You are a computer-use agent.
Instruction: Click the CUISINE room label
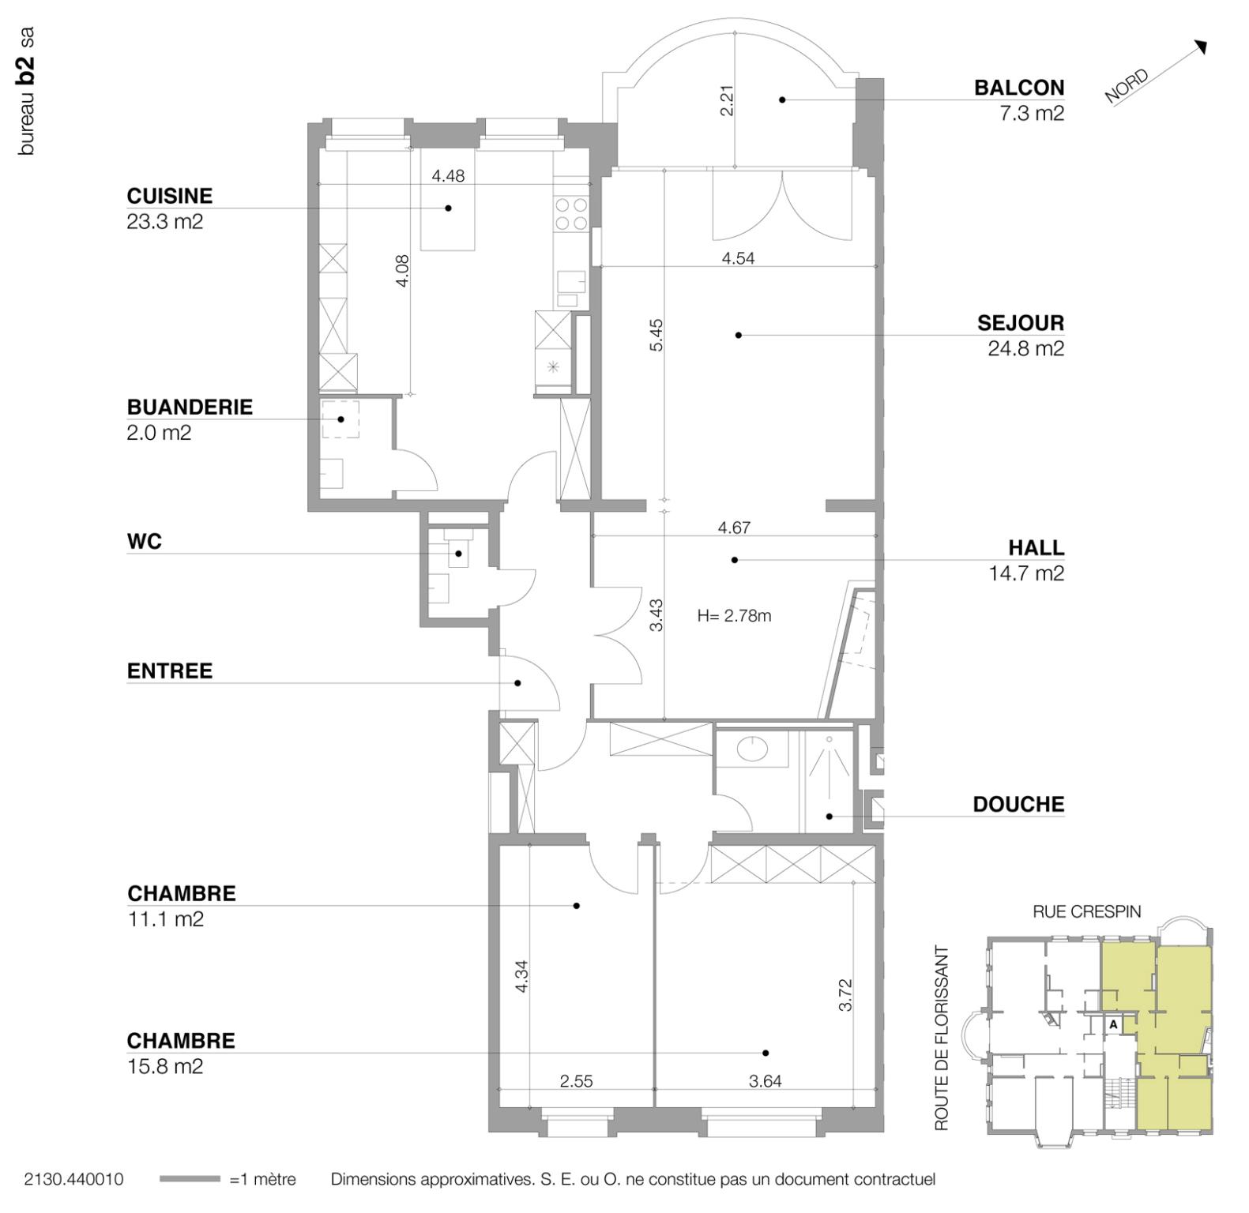coord(169,196)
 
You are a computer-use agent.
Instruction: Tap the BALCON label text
coord(1018,88)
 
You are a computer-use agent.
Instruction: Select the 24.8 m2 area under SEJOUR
coord(1025,348)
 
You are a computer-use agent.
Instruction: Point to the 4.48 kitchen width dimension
coord(448,176)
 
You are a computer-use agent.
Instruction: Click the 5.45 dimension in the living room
coord(656,335)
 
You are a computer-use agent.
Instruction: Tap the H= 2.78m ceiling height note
coord(734,616)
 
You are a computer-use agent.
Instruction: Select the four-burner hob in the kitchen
coord(571,214)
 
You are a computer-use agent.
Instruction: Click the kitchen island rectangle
coord(447,221)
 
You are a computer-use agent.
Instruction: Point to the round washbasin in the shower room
coord(756,746)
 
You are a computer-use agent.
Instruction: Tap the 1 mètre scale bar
coord(190,1179)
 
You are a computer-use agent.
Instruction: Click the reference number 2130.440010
coord(73,1179)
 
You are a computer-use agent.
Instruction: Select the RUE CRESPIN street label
coord(1086,911)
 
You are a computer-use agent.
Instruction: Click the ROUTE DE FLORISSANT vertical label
coord(941,1038)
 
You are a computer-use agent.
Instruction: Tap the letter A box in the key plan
coord(1112,1024)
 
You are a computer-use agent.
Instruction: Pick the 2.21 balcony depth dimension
coord(728,100)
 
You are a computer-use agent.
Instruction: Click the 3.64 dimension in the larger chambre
coord(765,1081)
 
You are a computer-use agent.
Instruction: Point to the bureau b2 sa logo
coord(26,91)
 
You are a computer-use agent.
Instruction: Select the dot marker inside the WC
coord(458,554)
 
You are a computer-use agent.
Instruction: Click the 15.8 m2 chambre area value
coord(165,1066)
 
